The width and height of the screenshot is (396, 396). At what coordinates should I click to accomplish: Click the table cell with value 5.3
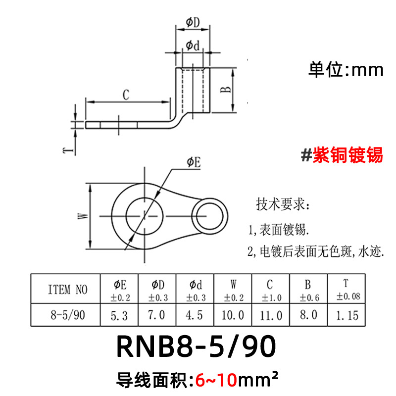[120, 315]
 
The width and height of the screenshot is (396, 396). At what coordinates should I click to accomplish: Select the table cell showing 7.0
[157, 315]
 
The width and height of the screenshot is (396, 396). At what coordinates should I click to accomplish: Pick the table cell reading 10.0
[233, 315]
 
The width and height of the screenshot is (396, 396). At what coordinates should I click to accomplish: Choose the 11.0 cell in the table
[270, 315]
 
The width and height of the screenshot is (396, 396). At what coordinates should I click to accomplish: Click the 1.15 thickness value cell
[347, 315]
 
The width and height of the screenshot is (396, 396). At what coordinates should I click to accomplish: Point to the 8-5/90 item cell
[65, 315]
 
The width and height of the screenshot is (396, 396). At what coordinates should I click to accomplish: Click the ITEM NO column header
[65, 290]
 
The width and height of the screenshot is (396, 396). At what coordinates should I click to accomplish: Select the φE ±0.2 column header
[120, 290]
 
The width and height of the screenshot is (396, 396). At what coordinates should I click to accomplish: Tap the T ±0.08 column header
[347, 290]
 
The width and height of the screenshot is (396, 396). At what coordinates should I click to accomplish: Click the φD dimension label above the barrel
[193, 22]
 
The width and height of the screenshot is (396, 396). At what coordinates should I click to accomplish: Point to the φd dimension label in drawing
[193, 45]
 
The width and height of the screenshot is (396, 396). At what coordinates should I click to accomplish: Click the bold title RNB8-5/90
[196, 348]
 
